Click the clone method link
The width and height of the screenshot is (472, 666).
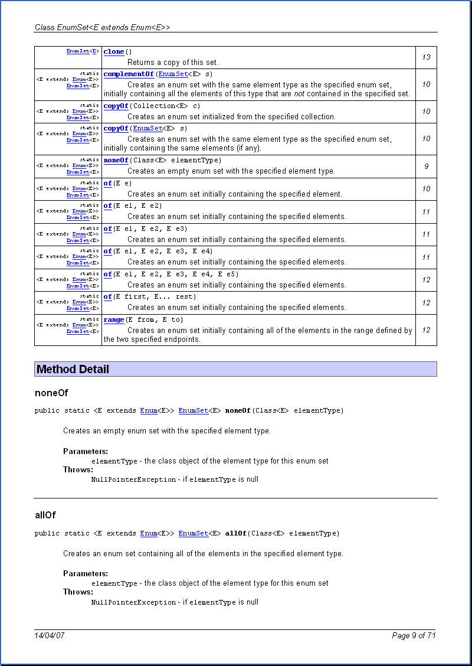[114, 52]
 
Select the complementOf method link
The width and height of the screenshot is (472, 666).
[129, 74]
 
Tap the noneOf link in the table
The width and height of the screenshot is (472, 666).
[116, 161]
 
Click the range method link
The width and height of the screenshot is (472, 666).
[114, 320]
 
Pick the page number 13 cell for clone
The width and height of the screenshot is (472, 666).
[426, 57]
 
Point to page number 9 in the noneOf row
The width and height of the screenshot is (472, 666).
[426, 166]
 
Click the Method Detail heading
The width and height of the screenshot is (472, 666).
[73, 370]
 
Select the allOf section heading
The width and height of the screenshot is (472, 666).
[45, 515]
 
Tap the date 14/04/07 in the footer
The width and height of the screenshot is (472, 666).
[50, 636]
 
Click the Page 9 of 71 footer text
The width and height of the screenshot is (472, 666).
[414, 636]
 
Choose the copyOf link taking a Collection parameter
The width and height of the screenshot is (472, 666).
[116, 106]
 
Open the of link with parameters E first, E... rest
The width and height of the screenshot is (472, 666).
[107, 297]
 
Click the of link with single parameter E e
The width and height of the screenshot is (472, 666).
[107, 184]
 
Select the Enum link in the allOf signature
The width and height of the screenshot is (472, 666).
[149, 534]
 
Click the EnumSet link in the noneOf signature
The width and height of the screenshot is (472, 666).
[194, 411]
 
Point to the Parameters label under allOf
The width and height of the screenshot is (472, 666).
[86, 574]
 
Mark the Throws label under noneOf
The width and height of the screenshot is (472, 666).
[78, 470]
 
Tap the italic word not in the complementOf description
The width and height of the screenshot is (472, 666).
[300, 94]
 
